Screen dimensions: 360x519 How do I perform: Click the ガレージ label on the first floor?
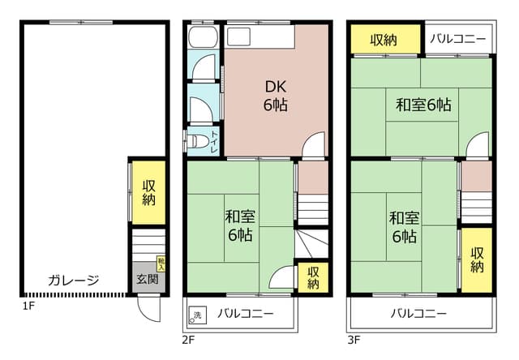(73, 281)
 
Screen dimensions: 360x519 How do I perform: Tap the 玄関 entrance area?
(147, 280)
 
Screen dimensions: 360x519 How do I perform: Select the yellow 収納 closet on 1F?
(149, 192)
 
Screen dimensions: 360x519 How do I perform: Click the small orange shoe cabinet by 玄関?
(161, 262)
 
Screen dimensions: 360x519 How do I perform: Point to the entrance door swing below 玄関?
(145, 306)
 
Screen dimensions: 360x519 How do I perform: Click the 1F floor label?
(28, 306)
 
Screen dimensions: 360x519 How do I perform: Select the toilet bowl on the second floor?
(197, 141)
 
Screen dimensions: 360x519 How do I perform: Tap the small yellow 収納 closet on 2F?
(313, 277)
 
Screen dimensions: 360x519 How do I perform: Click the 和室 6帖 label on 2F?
(239, 225)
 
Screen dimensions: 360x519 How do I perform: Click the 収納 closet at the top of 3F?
(385, 39)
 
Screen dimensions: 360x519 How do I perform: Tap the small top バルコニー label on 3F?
(458, 39)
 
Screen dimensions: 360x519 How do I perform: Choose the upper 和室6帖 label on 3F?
(422, 105)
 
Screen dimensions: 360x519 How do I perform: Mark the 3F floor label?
(354, 340)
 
